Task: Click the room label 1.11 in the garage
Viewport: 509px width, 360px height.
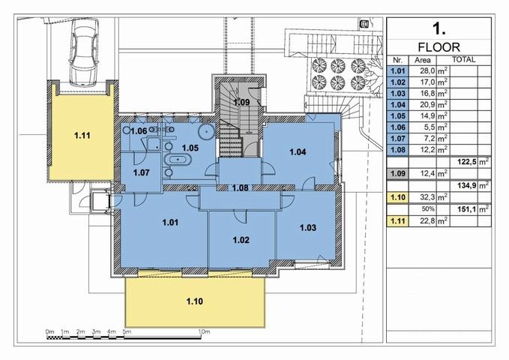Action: point(82,136)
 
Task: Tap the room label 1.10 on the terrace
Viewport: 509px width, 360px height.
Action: point(195,301)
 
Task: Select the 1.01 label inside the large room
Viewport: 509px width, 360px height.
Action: point(170,223)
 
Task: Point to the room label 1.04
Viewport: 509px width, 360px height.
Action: point(298,151)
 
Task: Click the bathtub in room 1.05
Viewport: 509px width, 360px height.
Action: point(178,160)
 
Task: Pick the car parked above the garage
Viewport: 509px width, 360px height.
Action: point(84,52)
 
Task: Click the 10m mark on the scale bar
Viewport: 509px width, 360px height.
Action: point(204,331)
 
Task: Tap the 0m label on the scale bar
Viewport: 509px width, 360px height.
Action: point(49,331)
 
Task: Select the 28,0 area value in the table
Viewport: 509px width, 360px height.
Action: point(428,71)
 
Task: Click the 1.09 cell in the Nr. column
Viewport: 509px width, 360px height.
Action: point(397,173)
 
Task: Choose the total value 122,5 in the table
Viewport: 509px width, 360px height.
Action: point(467,161)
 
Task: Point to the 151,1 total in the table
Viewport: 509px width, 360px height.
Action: point(467,209)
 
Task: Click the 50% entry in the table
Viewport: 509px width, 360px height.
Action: point(428,209)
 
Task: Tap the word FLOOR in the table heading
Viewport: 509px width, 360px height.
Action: point(439,47)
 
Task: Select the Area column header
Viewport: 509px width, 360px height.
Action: point(423,60)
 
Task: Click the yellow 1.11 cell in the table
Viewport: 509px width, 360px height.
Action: point(397,221)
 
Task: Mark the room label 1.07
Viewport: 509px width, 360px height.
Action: point(142,172)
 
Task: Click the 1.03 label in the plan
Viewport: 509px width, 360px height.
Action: point(308,227)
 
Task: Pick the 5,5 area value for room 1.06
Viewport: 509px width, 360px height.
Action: point(430,127)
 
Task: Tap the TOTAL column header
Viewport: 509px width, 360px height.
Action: point(464,60)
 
